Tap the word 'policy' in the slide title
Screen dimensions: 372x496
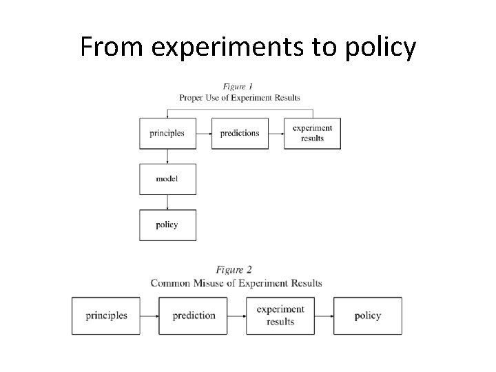pos(380,47)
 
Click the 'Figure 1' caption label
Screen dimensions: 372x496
pos(238,87)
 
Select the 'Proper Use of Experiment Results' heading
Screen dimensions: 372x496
pos(239,98)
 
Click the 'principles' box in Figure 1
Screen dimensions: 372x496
pos(167,133)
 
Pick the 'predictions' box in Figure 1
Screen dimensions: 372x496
pos(240,133)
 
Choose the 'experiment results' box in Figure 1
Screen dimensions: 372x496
pos(312,133)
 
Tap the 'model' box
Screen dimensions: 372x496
pos(167,179)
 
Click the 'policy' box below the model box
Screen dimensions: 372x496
pos(167,225)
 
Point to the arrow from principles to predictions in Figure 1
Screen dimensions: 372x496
pos(204,133)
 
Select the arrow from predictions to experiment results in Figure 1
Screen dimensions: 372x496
pos(276,133)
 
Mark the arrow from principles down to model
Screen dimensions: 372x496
pos(167,156)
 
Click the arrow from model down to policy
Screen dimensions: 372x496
pos(167,202)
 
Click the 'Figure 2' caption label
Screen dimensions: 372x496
pos(234,269)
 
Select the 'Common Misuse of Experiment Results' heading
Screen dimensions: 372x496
pos(236,282)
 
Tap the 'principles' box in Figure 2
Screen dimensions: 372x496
pos(106,316)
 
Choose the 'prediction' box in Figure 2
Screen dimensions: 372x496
pos(194,316)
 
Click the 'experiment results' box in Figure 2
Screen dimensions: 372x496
pos(280,316)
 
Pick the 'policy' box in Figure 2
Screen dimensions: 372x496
pos(367,316)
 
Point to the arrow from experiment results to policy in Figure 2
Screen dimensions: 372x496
pos(324,316)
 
